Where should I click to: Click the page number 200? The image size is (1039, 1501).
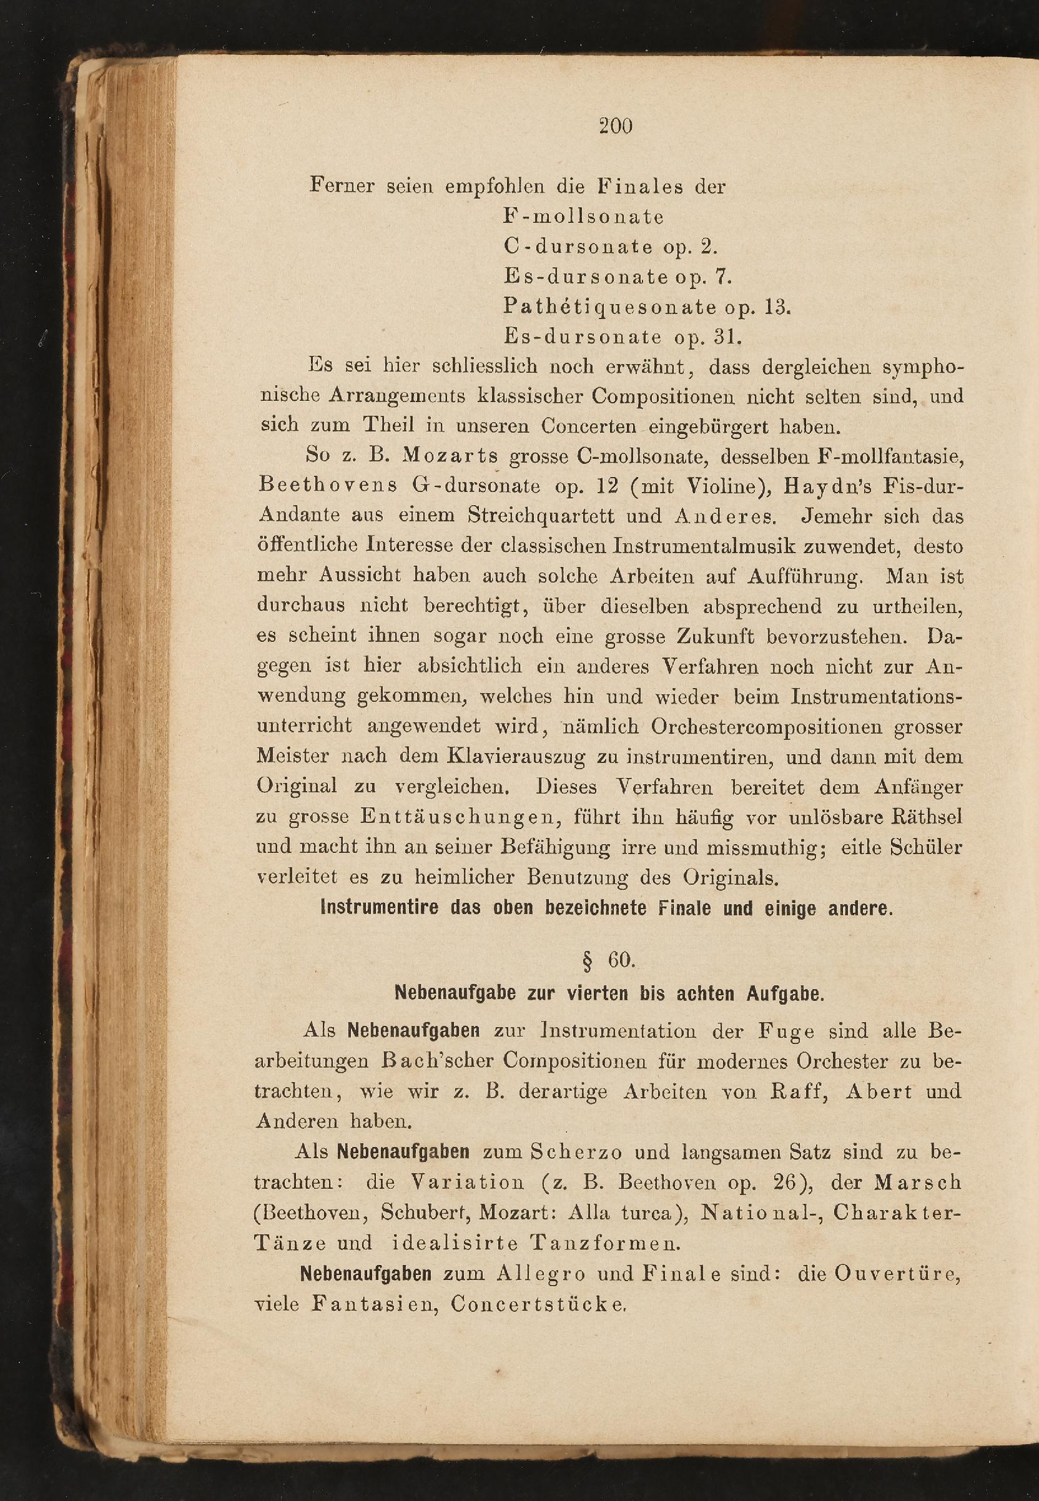tap(615, 125)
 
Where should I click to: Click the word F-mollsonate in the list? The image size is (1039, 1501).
tap(583, 217)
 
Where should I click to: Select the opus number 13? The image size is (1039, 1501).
tap(777, 307)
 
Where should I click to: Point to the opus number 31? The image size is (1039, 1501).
tap(728, 337)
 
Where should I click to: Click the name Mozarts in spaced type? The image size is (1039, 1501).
tap(450, 455)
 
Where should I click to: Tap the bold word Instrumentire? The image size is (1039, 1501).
tap(380, 908)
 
